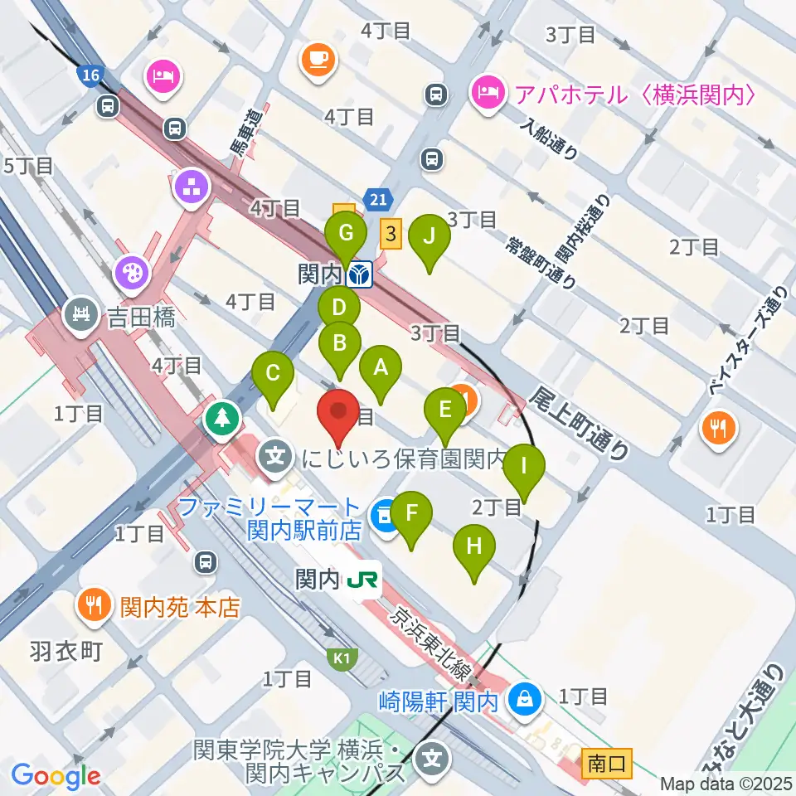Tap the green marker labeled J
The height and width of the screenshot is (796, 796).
pos(429,236)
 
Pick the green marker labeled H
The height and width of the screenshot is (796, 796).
pos(474,546)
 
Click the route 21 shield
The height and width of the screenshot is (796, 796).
pos(378,199)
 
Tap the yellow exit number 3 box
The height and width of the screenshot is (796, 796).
pos(391,234)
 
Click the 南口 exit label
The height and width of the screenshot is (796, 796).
pos(608,761)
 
